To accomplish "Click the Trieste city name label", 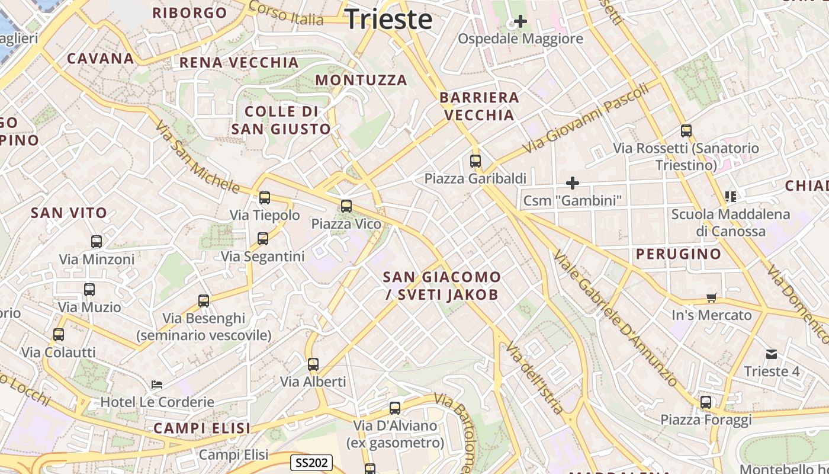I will (x=388, y=19).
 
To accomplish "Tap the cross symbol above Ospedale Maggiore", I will (x=520, y=22).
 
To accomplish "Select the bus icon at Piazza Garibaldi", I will (x=475, y=161).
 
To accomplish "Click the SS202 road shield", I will (x=311, y=463).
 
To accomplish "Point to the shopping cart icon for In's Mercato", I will (x=711, y=297).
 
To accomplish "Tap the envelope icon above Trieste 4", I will (x=772, y=354).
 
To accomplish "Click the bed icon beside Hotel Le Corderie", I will (x=157, y=385).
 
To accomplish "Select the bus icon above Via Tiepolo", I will (x=265, y=198).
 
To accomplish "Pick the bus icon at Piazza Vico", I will (x=346, y=206).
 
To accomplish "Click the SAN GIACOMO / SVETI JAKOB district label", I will (x=442, y=286).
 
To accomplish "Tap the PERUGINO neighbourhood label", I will (x=679, y=254).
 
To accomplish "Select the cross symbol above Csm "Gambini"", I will (x=572, y=183).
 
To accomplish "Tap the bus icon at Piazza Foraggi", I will (x=706, y=402).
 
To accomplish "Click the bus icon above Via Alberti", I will (x=313, y=364).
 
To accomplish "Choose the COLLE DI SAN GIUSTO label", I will (x=281, y=120).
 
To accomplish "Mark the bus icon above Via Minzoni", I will (x=97, y=242).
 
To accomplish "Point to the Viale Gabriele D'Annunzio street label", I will (x=615, y=318).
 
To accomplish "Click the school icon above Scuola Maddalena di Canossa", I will (x=730, y=196).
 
